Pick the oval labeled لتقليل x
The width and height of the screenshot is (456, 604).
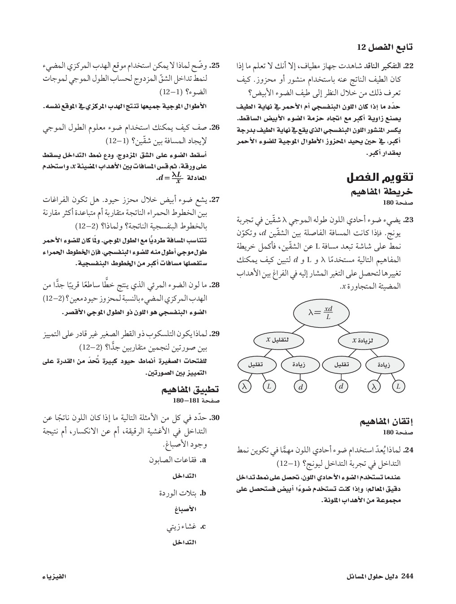coord(277,340)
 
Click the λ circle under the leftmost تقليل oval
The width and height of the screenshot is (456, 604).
coord(244,386)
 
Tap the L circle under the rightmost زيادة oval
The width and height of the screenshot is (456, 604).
coord(398,386)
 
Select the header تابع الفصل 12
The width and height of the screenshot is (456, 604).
coord(385,47)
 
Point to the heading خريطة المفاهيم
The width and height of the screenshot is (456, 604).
coord(387,192)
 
